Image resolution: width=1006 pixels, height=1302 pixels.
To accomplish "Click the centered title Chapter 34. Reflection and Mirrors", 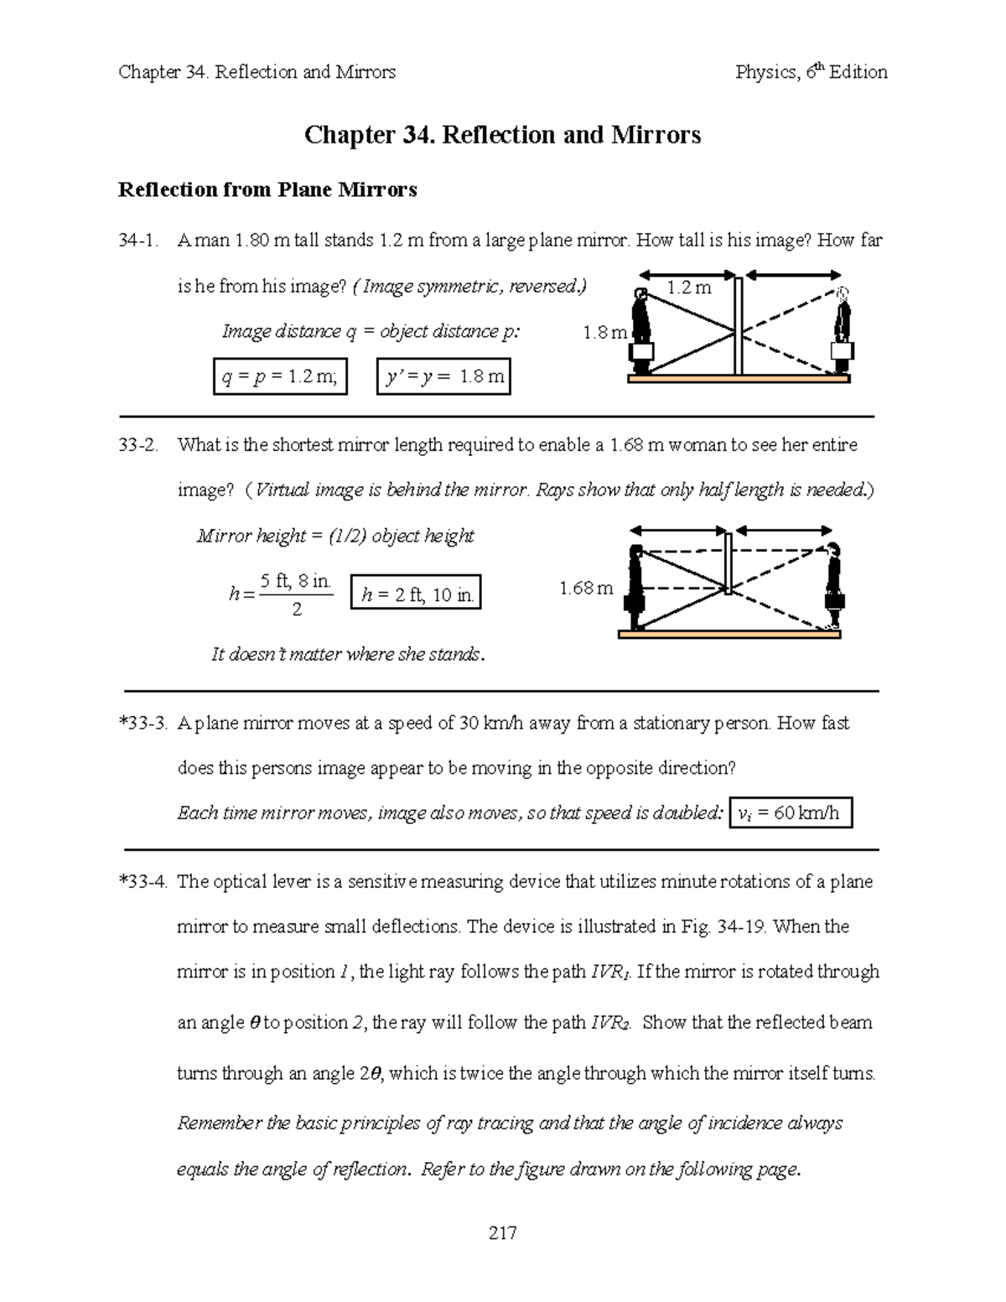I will (502, 135).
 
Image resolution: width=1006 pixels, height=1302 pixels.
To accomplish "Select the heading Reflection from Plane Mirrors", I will (267, 190).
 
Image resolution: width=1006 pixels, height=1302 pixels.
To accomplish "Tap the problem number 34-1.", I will (139, 241).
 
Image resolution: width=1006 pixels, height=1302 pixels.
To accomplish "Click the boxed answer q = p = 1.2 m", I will (280, 377).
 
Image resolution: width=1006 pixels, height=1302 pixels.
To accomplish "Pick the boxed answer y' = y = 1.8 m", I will (443, 377).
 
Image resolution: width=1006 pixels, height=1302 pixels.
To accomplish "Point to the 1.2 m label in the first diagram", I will (688, 288).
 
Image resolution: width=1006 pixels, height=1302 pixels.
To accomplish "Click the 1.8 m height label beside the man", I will (604, 333).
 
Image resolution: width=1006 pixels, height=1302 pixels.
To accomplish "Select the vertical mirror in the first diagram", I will (739, 326).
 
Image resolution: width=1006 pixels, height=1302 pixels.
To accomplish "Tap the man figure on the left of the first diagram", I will (642, 331).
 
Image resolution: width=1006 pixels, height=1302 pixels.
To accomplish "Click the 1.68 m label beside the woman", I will (586, 589).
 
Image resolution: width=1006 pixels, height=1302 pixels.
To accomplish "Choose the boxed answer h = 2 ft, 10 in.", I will (417, 595).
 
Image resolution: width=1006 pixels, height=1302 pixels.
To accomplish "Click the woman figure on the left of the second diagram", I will (637, 587).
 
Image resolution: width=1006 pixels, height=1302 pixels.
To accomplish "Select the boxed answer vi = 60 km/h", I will (791, 813).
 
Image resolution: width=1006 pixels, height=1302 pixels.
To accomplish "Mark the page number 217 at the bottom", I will (502, 1232).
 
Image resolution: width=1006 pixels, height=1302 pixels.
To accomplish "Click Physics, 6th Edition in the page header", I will (811, 72).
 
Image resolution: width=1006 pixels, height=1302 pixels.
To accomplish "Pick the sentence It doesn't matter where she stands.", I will (348, 655).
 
